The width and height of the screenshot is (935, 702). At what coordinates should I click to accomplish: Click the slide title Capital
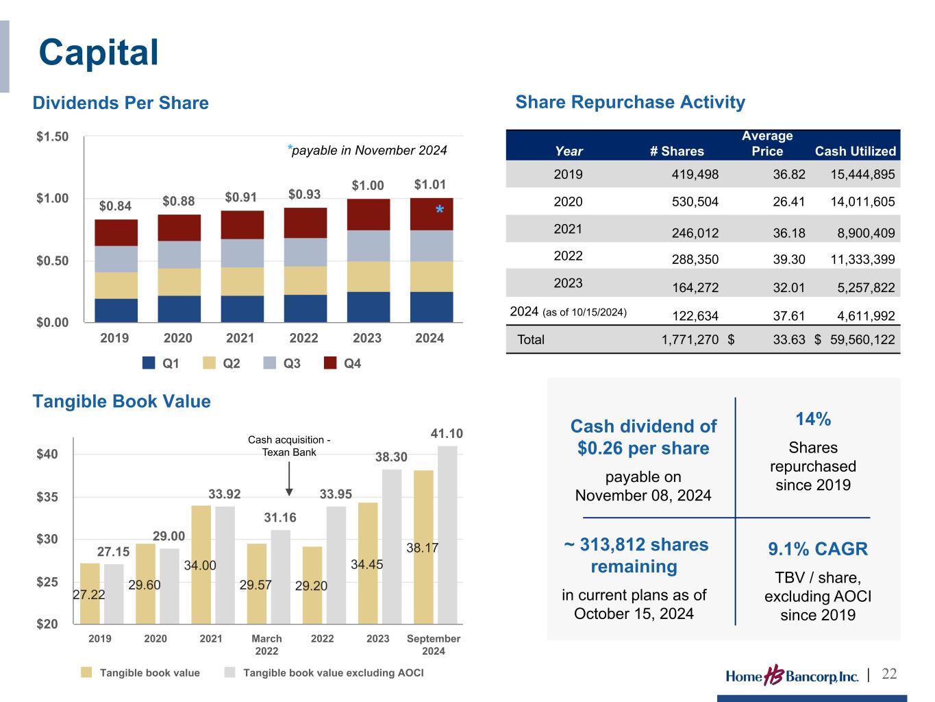[x=99, y=52]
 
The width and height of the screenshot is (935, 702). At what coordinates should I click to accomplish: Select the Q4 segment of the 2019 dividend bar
[x=116, y=232]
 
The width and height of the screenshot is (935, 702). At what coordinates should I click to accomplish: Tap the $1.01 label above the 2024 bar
[x=430, y=184]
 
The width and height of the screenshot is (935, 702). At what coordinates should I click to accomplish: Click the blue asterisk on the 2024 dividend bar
[x=440, y=210]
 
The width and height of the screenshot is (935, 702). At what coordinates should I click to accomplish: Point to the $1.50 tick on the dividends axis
[x=53, y=136]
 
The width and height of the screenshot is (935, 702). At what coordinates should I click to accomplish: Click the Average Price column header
[x=767, y=143]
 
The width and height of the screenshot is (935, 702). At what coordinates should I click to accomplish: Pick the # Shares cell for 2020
[x=695, y=202]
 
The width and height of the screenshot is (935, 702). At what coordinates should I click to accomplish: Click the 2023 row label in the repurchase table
[x=568, y=283]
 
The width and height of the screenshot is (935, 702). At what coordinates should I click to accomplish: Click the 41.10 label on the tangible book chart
[x=447, y=434]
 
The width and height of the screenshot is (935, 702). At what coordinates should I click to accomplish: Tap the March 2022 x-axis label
[x=266, y=644]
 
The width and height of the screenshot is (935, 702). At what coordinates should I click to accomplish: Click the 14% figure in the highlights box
[x=813, y=419]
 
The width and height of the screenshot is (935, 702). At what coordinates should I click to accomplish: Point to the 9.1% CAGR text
[x=818, y=549]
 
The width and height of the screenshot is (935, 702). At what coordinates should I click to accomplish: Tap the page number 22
[x=889, y=674]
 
